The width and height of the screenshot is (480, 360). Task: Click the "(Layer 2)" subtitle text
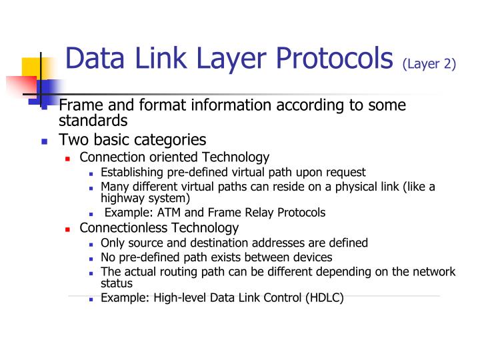click(428, 63)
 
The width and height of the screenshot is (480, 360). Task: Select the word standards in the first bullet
click(93, 121)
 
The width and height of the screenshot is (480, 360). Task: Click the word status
click(117, 283)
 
